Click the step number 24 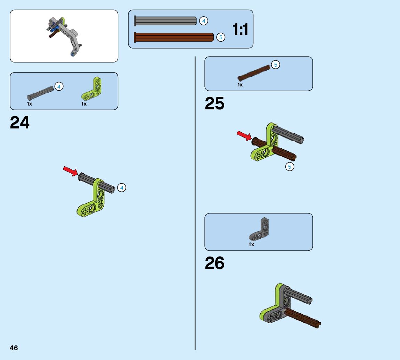(20, 123)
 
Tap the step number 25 (214, 103)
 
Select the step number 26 (214, 263)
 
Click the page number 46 (14, 348)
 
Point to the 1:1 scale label (240, 30)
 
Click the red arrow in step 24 (70, 170)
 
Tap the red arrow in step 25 (244, 135)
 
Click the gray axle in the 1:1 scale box (165, 21)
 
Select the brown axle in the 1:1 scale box (174, 37)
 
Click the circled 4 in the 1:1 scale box (204, 21)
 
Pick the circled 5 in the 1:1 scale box (221, 37)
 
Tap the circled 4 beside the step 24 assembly (121, 188)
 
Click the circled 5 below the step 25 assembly (289, 167)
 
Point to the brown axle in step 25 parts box (254, 73)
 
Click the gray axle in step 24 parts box (41, 92)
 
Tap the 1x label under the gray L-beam (251, 244)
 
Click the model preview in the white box (64, 36)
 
